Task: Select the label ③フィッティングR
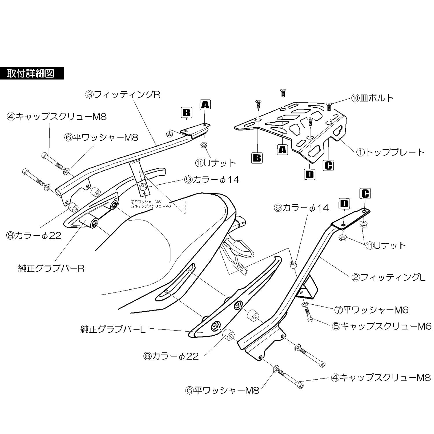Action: pos(123,94)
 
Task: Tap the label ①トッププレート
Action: pos(390,152)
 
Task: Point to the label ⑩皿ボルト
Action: pos(372,98)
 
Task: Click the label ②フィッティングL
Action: pos(388,277)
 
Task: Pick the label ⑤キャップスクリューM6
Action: pos(382,326)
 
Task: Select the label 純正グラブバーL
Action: pos(113,329)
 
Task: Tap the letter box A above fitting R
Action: pos(205,105)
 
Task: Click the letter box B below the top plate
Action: pos(257,158)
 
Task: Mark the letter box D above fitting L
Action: pos(344,204)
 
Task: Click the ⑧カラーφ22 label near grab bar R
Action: pos(34,235)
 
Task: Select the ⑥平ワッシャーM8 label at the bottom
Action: pos(222,391)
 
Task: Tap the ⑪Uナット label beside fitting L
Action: pos(386,245)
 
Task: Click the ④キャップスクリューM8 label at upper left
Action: pos(57,117)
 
